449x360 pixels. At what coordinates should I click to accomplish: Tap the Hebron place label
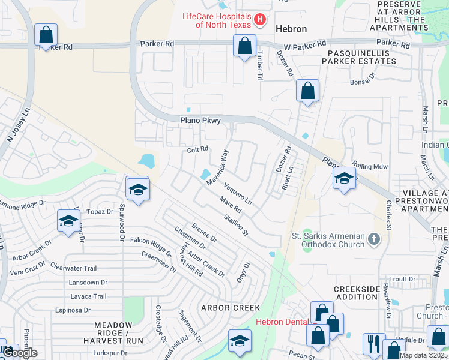[291, 29]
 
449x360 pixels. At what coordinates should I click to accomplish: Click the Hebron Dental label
[282, 322]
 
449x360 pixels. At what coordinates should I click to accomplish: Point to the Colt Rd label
[197, 149]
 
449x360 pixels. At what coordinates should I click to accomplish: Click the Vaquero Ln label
[238, 194]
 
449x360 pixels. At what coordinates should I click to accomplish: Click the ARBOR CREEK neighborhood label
[231, 308]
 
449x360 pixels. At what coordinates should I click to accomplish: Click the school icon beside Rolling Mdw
[344, 179]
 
